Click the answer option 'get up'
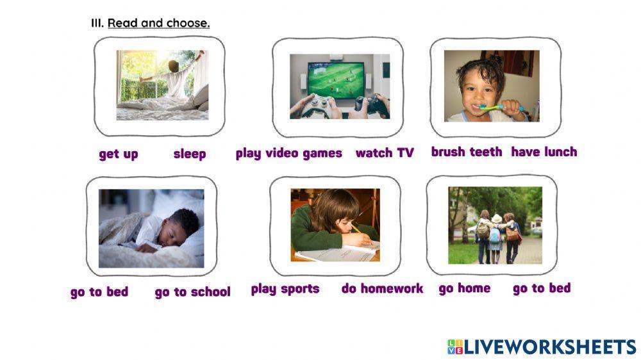(x=119, y=154)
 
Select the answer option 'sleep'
(x=190, y=154)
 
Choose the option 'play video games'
(x=288, y=153)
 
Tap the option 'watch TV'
(x=385, y=153)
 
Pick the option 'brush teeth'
(x=467, y=152)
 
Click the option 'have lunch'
(x=544, y=152)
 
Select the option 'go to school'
(x=192, y=292)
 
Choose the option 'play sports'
(x=285, y=289)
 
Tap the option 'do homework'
(x=382, y=289)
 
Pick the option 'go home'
(x=465, y=288)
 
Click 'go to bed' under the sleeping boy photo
(x=99, y=292)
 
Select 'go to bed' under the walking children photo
(x=542, y=288)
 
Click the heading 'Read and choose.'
(x=158, y=23)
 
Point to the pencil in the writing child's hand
(x=356, y=229)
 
